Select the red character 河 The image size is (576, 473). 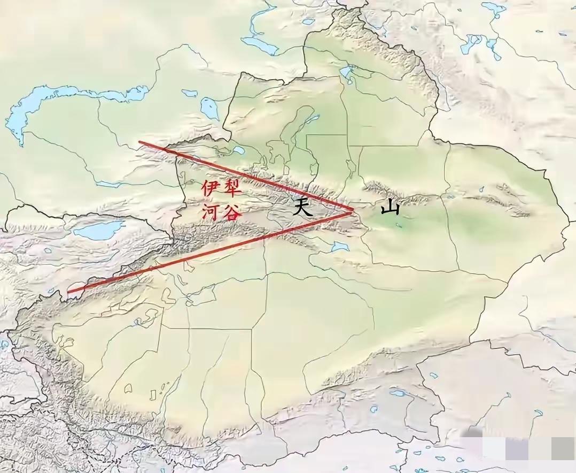209,212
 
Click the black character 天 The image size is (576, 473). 302,207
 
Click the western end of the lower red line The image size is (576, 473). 69,292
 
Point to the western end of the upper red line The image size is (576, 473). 139,142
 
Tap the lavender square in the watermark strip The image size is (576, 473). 516,448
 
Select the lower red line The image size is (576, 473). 214,250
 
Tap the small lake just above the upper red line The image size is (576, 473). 238,150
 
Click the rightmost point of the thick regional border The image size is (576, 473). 569,219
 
